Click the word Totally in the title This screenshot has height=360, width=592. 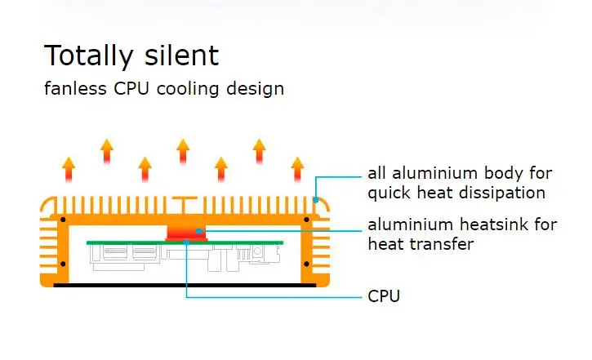click(89, 56)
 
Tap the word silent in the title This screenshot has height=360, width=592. click(181, 55)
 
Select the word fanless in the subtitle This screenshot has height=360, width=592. click(75, 88)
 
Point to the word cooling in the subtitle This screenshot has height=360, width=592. click(188, 90)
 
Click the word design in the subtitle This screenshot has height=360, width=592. click(256, 90)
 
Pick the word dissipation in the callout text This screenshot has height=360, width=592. click(500, 193)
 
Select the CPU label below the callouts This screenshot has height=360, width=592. click(384, 296)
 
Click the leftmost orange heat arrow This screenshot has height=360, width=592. click(69, 170)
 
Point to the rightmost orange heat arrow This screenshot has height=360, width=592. click(297, 170)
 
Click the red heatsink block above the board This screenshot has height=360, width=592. click(186, 233)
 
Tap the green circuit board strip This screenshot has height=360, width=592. click(185, 242)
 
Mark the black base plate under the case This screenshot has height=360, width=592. click(185, 285)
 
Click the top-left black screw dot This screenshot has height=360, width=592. click(63, 220)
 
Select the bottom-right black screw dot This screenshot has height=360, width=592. click(306, 264)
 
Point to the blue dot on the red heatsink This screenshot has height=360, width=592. click(199, 231)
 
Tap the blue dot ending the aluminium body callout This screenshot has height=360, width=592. click(316, 200)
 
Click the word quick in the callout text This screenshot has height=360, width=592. click(389, 193)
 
